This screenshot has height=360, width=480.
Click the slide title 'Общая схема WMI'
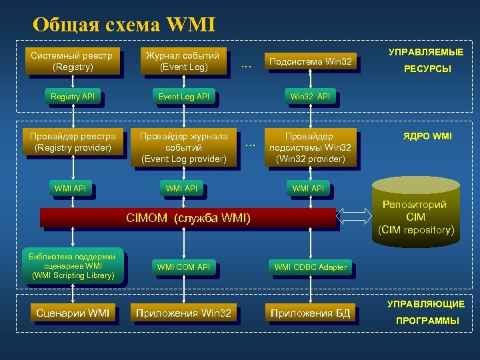click(x=124, y=25)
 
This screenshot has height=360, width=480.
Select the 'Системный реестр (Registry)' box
click(x=72, y=61)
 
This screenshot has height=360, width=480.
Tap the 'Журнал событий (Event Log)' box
click(x=183, y=61)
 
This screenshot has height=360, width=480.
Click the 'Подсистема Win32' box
click(x=309, y=62)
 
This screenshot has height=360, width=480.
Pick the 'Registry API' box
click(x=73, y=97)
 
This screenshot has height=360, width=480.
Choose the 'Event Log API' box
click(x=183, y=97)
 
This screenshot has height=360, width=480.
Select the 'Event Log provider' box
click(x=183, y=147)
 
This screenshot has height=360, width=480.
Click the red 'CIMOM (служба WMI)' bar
click(x=188, y=217)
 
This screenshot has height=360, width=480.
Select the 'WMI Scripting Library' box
click(x=73, y=266)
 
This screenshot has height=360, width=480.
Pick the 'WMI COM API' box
click(x=183, y=267)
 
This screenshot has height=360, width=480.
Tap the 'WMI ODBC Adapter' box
click(x=310, y=267)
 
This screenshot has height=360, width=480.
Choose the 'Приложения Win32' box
click(x=183, y=313)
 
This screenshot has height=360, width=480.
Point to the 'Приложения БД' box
click(x=310, y=313)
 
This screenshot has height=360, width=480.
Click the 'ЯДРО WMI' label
click(x=426, y=136)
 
